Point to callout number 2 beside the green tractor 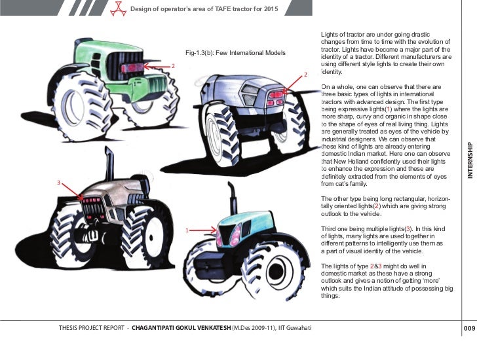(x=173, y=66)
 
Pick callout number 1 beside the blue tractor (x=187, y=230)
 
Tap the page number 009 (x=468, y=327)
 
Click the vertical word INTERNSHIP (x=469, y=160)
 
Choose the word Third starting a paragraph (x=329, y=227)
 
